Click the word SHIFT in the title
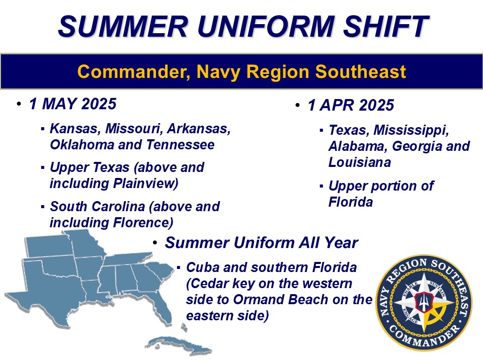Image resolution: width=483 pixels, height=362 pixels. point(385,26)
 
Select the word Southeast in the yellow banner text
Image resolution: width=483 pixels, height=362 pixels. point(360,71)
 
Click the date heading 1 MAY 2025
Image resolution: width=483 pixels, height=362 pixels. point(72,104)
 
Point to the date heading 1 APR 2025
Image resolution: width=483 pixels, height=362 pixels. point(351,105)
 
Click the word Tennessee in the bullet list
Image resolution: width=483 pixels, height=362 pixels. point(180,145)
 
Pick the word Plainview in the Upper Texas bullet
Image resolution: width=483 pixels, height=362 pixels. point(146,184)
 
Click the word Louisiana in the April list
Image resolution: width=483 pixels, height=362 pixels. point(359,162)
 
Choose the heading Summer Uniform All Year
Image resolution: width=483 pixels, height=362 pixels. point(261,242)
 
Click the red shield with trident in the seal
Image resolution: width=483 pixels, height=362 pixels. point(424,302)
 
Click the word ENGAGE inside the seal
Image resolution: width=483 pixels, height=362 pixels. point(410,316)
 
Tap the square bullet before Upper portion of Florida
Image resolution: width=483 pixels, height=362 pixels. point(321,187)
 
